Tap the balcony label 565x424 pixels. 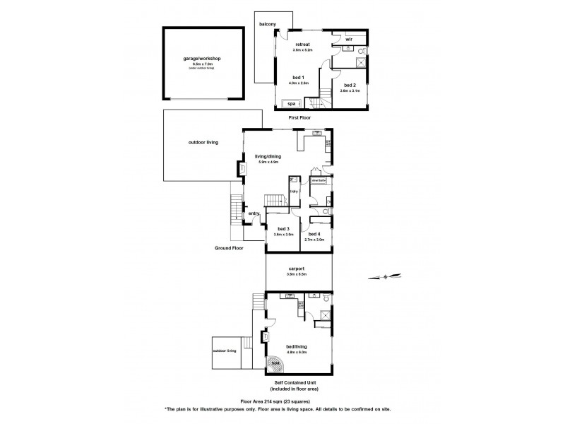pos(267,25)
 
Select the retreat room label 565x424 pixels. pos(303,45)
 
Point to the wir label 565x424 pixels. pos(349,39)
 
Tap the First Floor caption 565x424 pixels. pos(299,117)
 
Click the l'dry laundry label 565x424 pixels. pos(293,191)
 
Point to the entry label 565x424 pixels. pos(254,213)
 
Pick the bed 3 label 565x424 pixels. pos(283,229)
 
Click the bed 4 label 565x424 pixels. pos(314,234)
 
